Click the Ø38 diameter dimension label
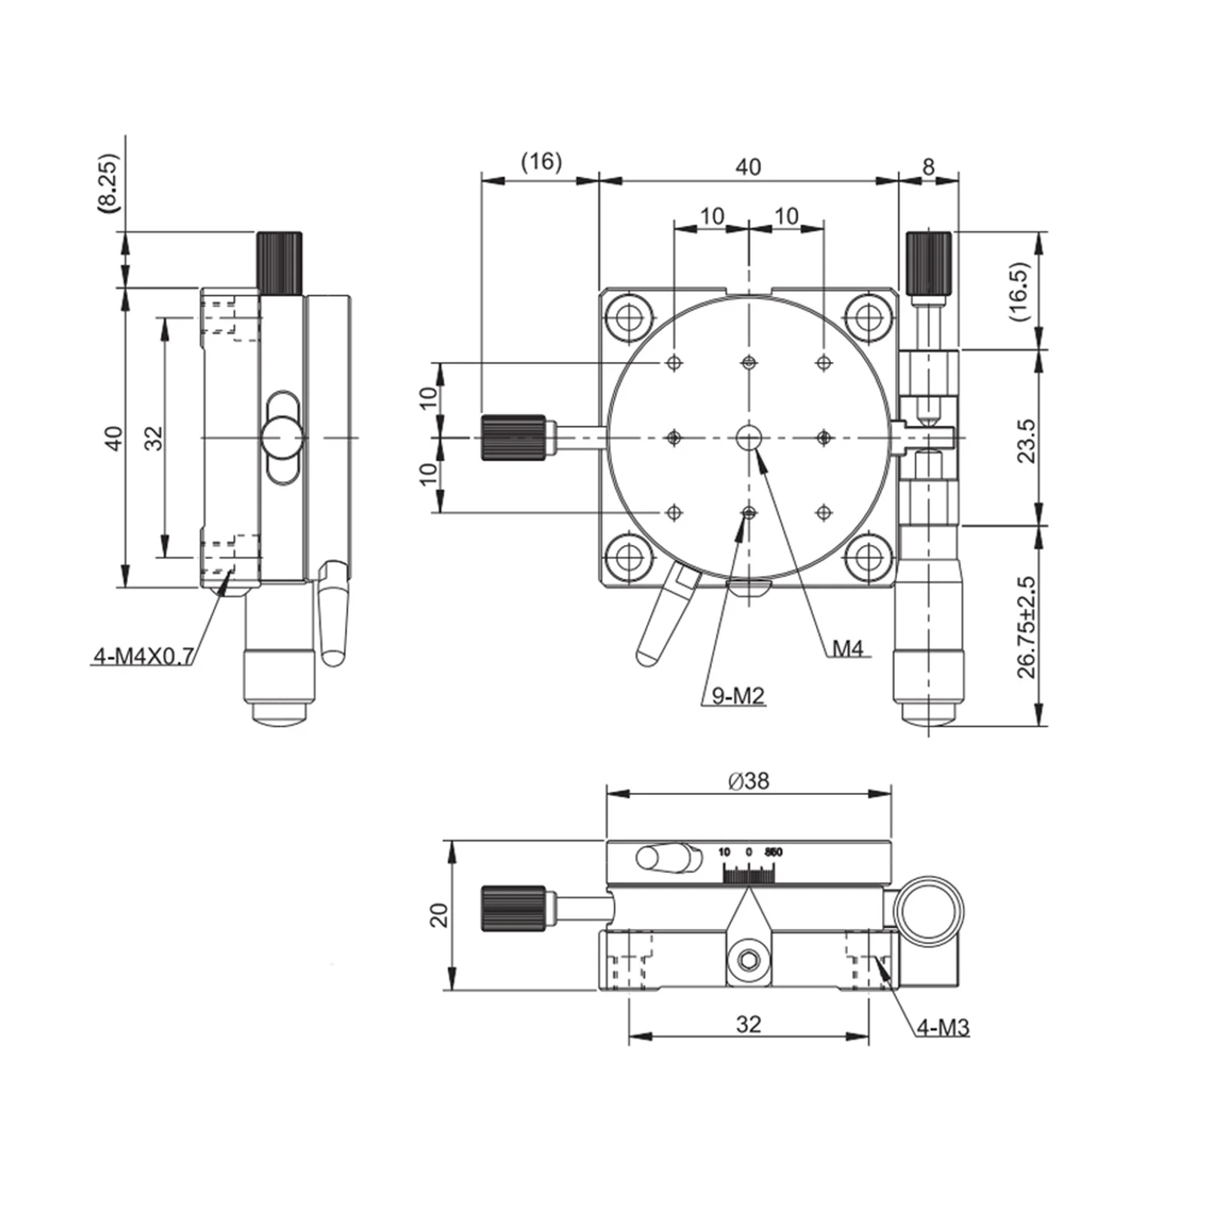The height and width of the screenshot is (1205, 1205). (x=749, y=781)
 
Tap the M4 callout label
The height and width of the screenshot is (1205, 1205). (x=847, y=648)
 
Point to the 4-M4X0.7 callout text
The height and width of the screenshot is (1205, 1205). (x=143, y=656)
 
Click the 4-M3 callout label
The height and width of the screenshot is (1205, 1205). (x=942, y=1027)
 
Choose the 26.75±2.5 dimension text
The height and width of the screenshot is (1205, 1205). (x=1027, y=627)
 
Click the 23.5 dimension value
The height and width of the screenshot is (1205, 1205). (x=1027, y=440)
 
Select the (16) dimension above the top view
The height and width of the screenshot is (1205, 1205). (x=541, y=162)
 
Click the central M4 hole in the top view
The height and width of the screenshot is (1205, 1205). (x=749, y=437)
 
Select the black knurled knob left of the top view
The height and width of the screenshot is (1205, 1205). (x=513, y=437)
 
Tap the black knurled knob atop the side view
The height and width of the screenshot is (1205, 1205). (x=280, y=263)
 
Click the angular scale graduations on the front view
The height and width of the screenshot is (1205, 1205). (x=749, y=873)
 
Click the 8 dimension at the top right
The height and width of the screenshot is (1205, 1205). (x=928, y=166)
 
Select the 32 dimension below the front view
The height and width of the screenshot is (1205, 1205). (x=749, y=1024)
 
